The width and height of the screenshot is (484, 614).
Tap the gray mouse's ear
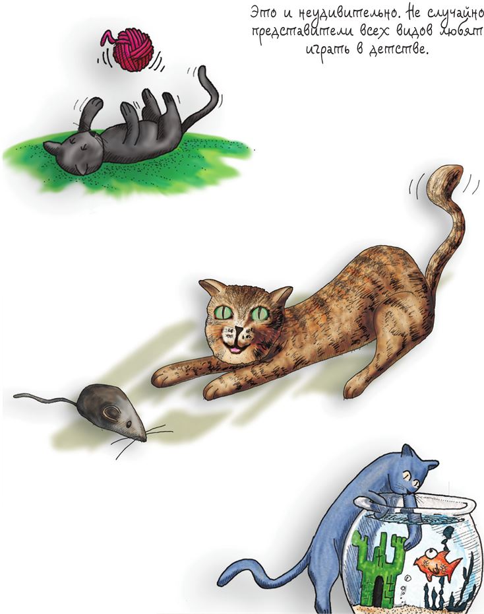pyautogui.click(x=111, y=413)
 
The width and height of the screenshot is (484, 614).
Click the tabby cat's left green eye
pyautogui.click(x=224, y=312)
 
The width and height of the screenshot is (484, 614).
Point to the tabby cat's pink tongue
pyautogui.click(x=235, y=349)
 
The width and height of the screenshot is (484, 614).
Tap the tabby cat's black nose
pyautogui.click(x=239, y=331)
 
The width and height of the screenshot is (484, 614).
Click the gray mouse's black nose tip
pyautogui.click(x=144, y=440)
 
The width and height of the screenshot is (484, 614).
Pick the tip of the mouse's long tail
pyautogui.click(x=15, y=396)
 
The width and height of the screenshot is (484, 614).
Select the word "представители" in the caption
pyautogui.click(x=301, y=31)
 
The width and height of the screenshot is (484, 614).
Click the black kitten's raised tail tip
pyautogui.click(x=202, y=71)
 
